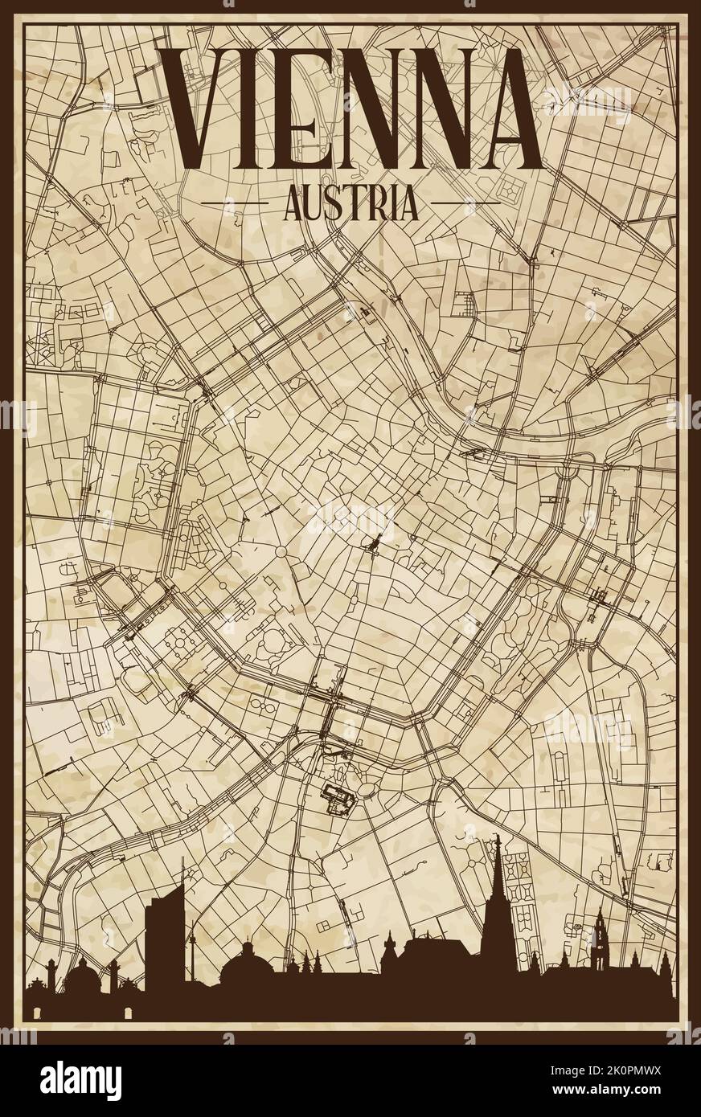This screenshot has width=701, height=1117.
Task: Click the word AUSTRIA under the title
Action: click(350, 203)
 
